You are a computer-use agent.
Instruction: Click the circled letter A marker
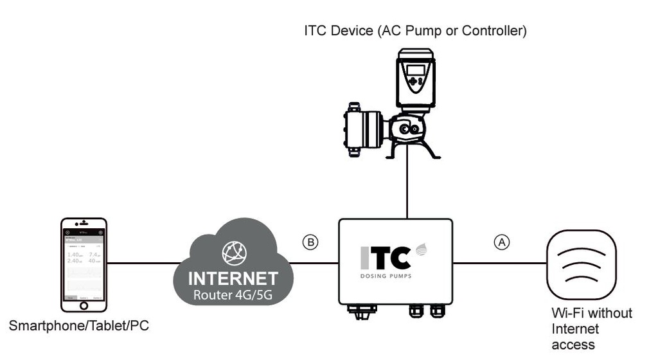pos(501,242)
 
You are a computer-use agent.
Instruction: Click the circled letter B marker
pos(310,242)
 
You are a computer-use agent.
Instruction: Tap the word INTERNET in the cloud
pos(233,278)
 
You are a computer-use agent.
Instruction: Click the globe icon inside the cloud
pos(233,253)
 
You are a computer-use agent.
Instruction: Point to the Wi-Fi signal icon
pos(581,264)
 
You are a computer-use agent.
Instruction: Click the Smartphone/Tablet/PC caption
pos(78,326)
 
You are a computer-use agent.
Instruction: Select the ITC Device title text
pos(415,31)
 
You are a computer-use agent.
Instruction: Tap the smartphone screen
pos(84,263)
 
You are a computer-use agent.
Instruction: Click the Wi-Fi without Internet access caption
pos(591,328)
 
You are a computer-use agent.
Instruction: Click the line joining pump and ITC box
pos(407,190)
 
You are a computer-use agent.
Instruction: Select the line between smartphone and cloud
pos(141,263)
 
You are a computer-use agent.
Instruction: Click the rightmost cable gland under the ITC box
pos(438,310)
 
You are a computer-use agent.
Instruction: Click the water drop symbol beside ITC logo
pos(421,249)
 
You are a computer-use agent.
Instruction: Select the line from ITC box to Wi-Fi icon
pos(499,263)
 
